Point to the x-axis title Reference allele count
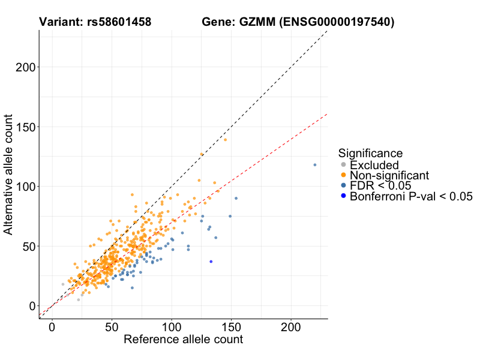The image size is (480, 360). click(x=183, y=340)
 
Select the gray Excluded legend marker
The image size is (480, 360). click(x=343, y=165)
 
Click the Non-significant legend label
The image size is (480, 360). click(x=389, y=175)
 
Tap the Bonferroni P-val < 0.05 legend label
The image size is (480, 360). click(x=412, y=196)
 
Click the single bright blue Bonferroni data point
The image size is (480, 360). click(x=211, y=262)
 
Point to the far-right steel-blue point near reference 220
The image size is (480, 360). click(x=315, y=165)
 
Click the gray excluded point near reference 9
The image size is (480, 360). click(x=62, y=284)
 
